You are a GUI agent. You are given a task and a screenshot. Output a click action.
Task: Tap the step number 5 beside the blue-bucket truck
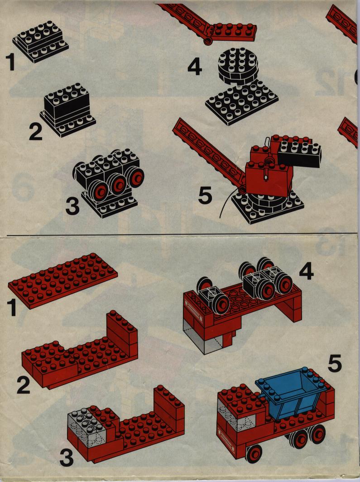click(335, 363)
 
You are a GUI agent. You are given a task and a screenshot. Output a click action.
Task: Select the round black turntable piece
click(238, 66)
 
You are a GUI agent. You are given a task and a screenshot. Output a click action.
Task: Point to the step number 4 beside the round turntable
click(195, 67)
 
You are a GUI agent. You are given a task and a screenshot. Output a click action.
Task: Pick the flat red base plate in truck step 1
click(62, 280)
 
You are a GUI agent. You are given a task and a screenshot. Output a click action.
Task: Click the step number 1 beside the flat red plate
click(12, 308)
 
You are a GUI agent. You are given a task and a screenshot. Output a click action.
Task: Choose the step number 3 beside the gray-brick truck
click(67, 458)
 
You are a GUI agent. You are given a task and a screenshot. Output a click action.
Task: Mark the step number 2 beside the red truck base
click(24, 385)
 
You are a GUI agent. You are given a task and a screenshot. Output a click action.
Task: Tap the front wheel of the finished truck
click(254, 454)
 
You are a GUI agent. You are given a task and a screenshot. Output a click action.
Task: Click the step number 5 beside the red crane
click(205, 196)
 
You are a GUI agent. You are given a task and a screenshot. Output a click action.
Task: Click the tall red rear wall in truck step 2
click(122, 333)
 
